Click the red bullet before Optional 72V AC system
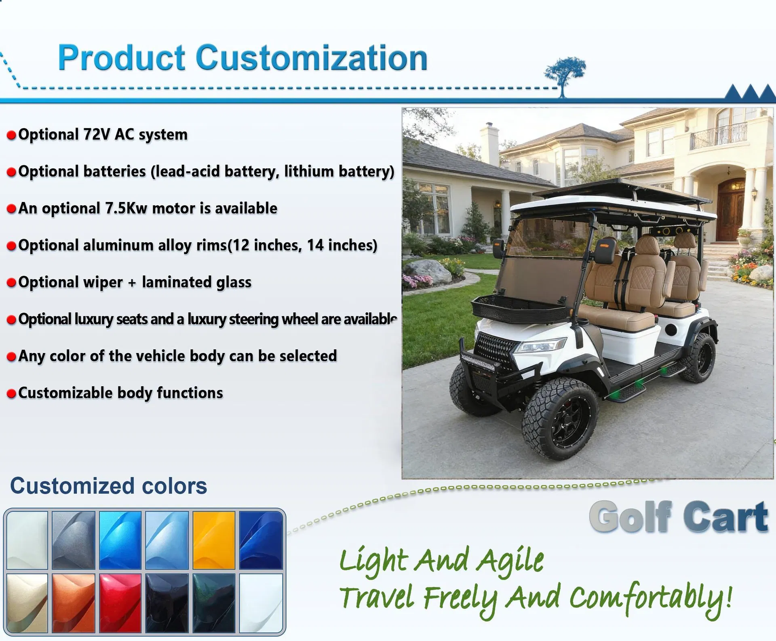click(11, 135)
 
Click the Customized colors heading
click(108, 485)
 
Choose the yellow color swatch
click(213, 540)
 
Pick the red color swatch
click(120, 603)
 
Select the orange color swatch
click(73, 603)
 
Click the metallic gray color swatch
click(73, 540)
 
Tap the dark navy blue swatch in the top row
click(261, 540)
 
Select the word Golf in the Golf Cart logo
click(630, 517)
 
